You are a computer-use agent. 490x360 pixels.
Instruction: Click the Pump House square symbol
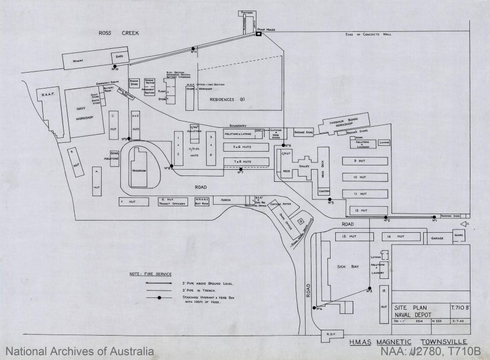tap(259, 34)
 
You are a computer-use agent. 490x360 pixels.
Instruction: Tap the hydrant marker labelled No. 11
tap(193, 49)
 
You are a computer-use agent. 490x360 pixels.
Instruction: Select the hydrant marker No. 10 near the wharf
tap(114, 66)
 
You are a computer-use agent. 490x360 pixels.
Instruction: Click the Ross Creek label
tap(118, 33)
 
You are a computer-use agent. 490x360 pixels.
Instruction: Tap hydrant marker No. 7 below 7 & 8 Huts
tap(241, 169)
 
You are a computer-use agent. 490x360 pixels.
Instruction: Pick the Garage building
tap(437, 239)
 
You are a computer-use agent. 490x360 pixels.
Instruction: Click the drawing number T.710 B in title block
tap(458, 307)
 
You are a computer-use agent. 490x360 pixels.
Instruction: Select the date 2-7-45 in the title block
tap(458, 321)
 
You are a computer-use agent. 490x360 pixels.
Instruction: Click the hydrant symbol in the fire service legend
tap(159, 297)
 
